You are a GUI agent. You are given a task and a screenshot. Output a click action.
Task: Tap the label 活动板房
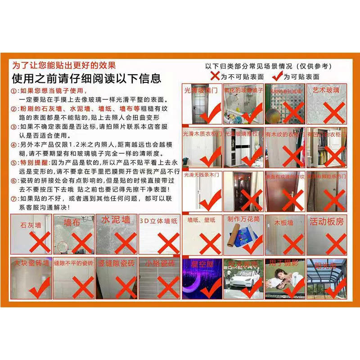(327, 221)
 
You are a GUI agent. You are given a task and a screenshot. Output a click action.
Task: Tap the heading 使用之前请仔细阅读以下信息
(86, 79)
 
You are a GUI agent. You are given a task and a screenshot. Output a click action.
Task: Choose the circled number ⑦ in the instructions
(13, 198)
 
